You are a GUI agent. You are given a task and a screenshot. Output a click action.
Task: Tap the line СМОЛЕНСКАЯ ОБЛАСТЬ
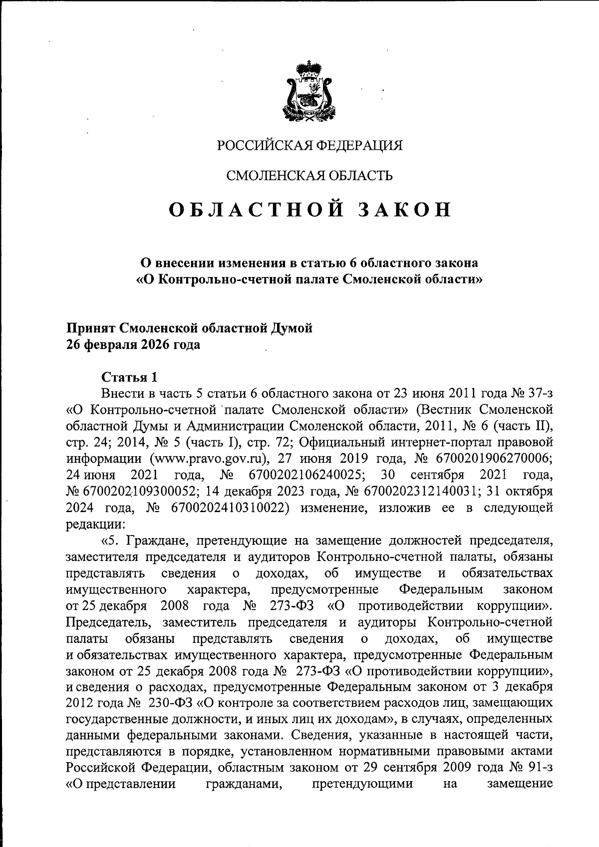(x=309, y=175)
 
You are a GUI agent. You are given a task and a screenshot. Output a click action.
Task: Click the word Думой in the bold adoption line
(x=292, y=328)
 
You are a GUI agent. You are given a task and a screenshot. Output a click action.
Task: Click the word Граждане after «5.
(x=150, y=541)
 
